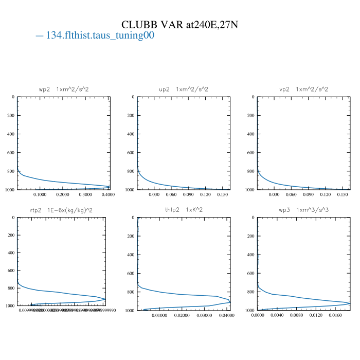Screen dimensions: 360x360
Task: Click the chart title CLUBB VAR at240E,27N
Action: [179, 25]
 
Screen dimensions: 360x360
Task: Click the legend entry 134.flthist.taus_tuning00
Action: [95, 36]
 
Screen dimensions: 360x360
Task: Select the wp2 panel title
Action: [64, 89]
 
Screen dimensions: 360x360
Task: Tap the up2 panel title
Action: [184, 89]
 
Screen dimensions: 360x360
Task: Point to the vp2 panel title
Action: [303, 89]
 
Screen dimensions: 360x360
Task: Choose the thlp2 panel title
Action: [184, 210]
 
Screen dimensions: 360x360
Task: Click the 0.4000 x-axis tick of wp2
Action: [108, 195]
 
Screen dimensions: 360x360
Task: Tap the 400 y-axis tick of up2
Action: [131, 134]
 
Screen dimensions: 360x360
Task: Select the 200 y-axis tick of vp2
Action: [250, 116]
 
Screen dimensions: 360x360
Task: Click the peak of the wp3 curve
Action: [350, 303]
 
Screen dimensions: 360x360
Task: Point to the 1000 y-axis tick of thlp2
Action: [130, 311]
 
